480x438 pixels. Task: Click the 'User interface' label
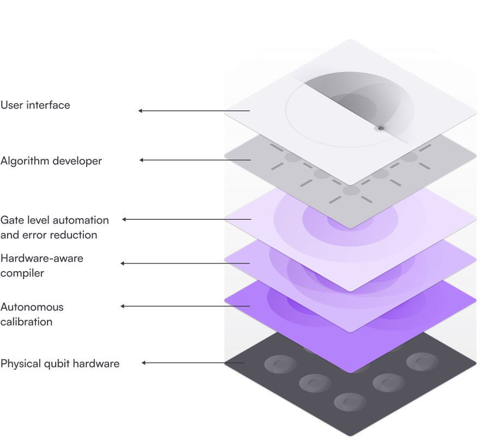35,105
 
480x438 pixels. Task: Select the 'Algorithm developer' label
51,161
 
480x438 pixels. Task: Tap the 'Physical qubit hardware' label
60,364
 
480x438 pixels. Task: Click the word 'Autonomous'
32,307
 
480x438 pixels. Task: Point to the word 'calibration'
27,322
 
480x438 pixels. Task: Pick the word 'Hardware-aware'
42,259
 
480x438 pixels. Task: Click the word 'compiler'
22,273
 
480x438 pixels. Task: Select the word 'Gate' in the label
12,220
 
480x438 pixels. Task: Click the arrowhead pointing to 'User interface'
140,111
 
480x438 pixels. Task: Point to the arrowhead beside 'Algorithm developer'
141,160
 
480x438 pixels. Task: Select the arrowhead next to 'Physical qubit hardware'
143,363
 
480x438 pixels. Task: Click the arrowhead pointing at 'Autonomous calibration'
122,306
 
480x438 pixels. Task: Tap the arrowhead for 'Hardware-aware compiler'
122,263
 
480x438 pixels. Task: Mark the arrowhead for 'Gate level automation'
124,219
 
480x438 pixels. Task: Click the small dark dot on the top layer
381,128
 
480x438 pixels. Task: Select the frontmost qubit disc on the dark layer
350,402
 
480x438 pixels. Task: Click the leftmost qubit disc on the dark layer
280,364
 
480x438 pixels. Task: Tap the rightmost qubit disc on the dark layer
422,362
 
